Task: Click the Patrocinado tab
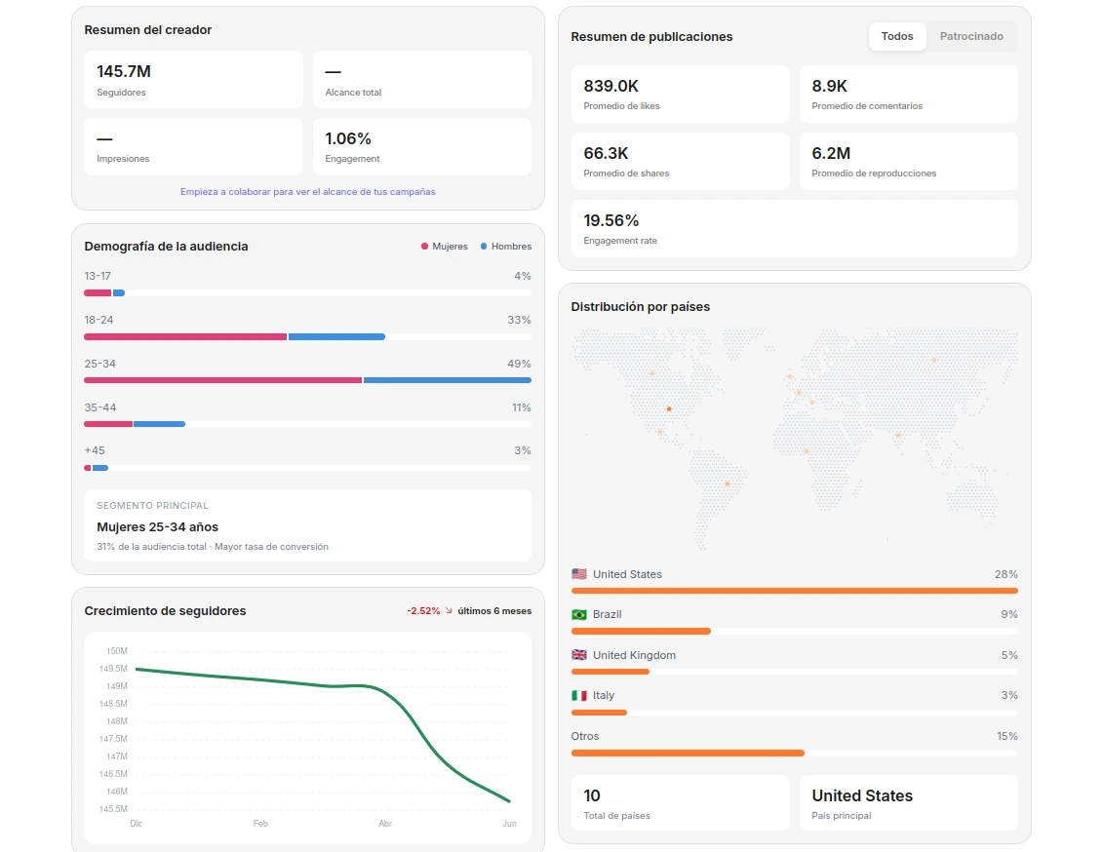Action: [971, 36]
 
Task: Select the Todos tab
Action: [897, 36]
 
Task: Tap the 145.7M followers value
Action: [124, 72]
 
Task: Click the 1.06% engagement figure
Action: [348, 138]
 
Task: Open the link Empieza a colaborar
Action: [307, 192]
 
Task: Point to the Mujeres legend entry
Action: [445, 247]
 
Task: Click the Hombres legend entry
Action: [506, 247]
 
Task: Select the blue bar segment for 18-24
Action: [337, 336]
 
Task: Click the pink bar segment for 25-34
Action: [223, 380]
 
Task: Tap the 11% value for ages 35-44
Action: [521, 407]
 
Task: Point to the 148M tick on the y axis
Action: [117, 721]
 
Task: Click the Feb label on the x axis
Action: [260, 823]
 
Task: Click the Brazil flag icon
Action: [579, 615]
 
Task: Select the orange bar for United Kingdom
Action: [611, 672]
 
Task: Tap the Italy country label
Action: [604, 695]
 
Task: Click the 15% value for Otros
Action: [1007, 736]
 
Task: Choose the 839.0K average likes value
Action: [611, 86]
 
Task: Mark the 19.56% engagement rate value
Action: [611, 220]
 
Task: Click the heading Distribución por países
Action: [640, 306]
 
